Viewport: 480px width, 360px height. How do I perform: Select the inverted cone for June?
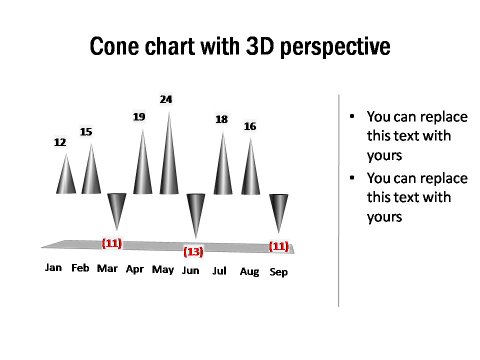(195, 210)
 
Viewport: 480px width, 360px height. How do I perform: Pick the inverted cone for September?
(279, 210)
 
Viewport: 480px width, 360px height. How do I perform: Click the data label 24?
(166, 99)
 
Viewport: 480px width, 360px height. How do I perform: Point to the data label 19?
(140, 117)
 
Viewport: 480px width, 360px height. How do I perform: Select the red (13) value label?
(193, 251)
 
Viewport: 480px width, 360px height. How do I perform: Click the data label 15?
(86, 132)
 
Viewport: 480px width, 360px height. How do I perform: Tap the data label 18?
(222, 120)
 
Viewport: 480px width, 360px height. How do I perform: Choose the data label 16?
(250, 126)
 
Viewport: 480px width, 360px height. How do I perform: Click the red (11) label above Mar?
(112, 243)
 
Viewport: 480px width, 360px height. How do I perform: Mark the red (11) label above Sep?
(279, 246)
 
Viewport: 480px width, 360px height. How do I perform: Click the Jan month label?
(54, 268)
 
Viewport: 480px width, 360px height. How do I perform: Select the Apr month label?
(135, 269)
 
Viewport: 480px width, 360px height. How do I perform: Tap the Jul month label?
(220, 271)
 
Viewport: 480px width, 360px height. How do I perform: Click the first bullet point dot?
(351, 117)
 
